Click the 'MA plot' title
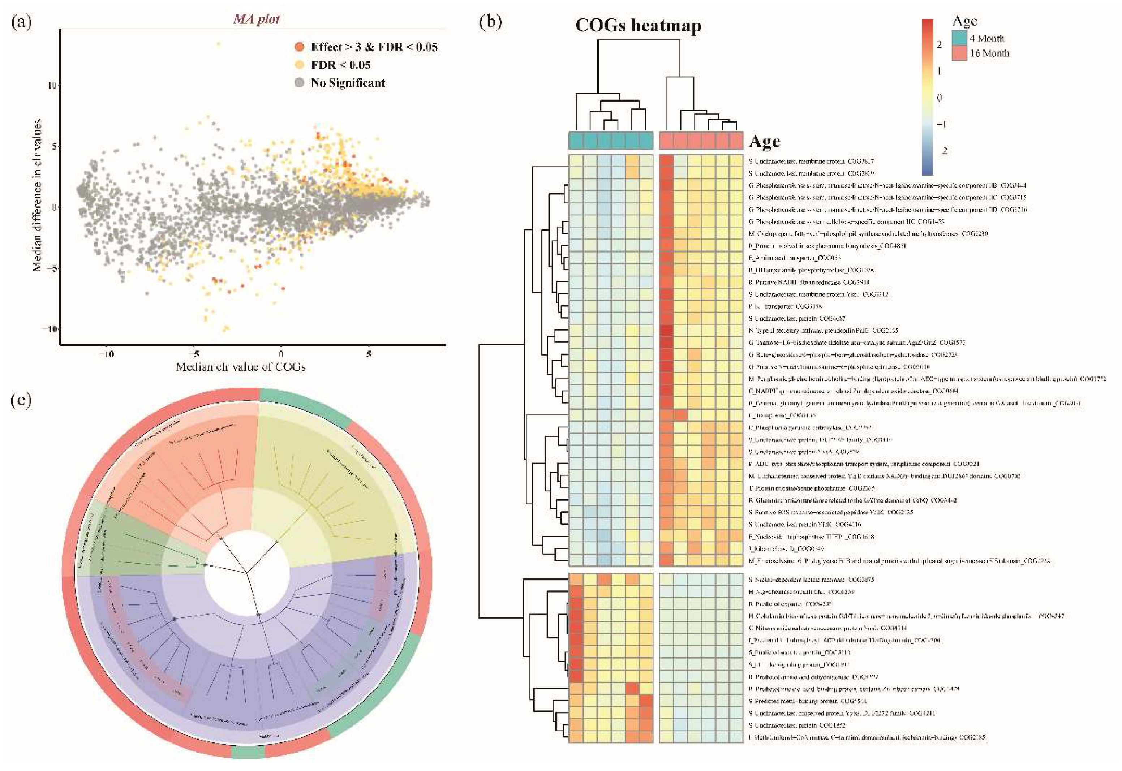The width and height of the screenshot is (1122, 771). click(256, 19)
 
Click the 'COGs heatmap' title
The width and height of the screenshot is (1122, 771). click(638, 25)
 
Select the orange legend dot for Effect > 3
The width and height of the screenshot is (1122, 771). click(300, 47)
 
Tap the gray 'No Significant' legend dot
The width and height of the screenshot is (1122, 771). click(300, 83)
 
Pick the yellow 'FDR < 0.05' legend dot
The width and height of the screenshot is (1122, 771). click(300, 65)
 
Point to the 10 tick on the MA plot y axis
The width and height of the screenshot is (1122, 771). click(52, 86)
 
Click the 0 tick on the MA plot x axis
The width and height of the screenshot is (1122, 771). click(281, 354)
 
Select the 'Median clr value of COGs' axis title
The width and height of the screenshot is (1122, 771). click(240, 367)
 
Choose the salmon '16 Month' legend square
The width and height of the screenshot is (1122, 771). click(960, 53)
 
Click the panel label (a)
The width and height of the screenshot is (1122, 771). click(21, 22)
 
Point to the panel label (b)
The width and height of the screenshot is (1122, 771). click(490, 22)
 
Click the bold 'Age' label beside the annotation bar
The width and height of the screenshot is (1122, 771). click(764, 142)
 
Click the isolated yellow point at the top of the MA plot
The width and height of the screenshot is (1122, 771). click(218, 44)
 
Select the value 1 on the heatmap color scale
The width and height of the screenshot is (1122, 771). click(939, 71)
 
